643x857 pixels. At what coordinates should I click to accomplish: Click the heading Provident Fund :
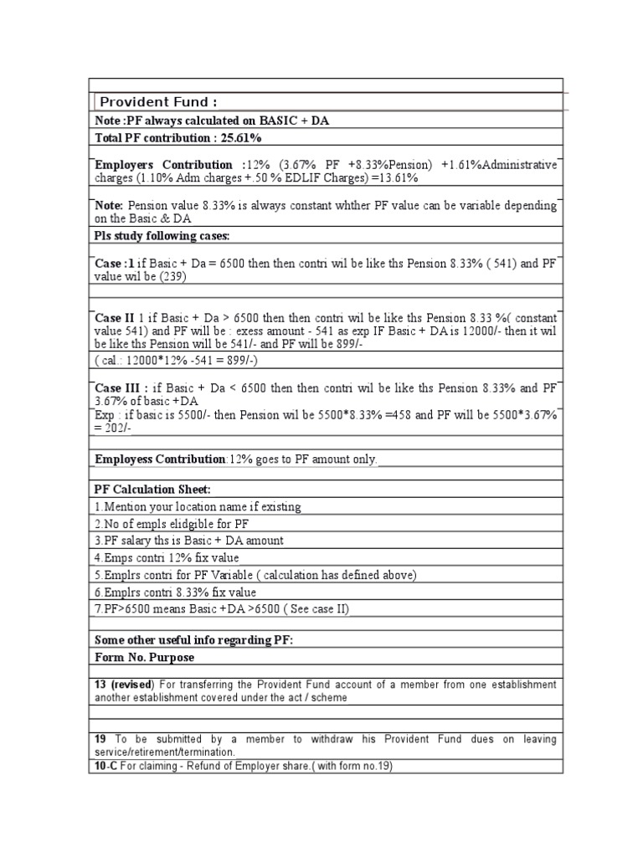(158, 102)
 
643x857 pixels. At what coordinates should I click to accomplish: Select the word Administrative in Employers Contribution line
(519, 165)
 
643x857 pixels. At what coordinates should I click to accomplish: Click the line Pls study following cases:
(162, 235)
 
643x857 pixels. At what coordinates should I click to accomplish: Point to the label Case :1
(115, 264)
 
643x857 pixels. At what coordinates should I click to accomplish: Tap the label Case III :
(121, 388)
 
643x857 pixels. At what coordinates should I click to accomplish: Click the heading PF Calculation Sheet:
(153, 489)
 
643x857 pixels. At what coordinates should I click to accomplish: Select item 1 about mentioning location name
(198, 506)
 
